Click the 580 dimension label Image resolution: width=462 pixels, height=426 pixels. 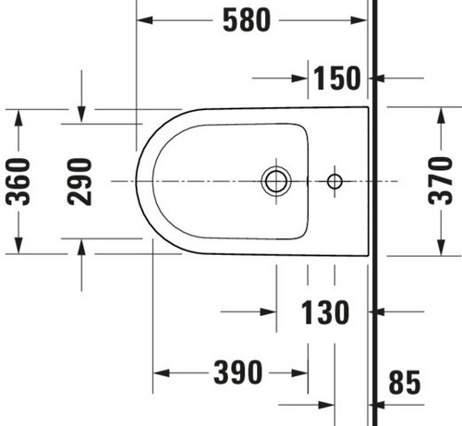coord(247,20)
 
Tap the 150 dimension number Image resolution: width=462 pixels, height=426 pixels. coord(336,79)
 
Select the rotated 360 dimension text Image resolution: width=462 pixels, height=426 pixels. coord(18,181)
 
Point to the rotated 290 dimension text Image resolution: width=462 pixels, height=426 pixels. coord(79,181)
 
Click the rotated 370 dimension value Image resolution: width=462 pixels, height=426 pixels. coord(440,181)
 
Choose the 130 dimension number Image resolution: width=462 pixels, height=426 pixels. coord(325,312)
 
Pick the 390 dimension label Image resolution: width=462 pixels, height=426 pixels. coord(238,372)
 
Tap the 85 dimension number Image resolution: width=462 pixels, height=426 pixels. coord(405,383)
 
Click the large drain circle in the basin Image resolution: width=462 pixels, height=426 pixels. coord(275,181)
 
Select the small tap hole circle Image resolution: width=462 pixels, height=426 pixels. coord(334,181)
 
